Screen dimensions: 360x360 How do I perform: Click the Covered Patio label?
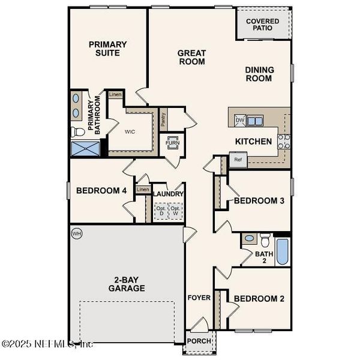(263, 24)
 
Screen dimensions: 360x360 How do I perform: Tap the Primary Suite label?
(108, 48)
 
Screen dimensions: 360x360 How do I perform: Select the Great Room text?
(191, 57)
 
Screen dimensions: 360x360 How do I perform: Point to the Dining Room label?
(259, 74)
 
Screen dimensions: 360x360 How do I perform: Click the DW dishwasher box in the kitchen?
(240, 121)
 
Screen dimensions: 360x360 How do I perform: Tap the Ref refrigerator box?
(238, 160)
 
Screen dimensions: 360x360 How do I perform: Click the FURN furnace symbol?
(173, 143)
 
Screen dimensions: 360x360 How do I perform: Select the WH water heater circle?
(76, 233)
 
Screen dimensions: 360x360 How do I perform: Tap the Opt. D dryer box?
(160, 211)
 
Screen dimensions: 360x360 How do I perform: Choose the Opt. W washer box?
(175, 211)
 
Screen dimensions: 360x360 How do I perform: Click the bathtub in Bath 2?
(282, 251)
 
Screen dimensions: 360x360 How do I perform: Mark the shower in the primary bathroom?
(83, 149)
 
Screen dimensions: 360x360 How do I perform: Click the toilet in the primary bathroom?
(77, 131)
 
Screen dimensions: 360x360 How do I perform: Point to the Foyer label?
(199, 298)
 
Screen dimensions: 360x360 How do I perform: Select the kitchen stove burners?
(284, 141)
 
